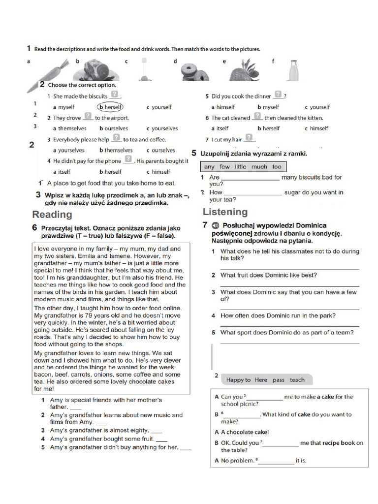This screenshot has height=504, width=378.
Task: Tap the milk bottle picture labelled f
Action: (293, 70)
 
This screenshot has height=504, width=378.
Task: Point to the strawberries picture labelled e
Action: (244, 70)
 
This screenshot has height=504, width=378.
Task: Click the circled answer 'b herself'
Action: (110, 107)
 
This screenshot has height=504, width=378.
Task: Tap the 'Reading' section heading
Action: (52, 215)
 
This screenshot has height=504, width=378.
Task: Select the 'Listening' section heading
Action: (225, 212)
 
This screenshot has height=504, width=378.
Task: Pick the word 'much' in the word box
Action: (259, 167)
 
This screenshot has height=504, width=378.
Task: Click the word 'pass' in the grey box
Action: (279, 380)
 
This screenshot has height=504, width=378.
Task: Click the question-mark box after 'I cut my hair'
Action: (250, 138)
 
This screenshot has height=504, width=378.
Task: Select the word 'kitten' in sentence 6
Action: (313, 118)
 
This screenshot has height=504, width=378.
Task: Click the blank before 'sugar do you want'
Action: (253, 193)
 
